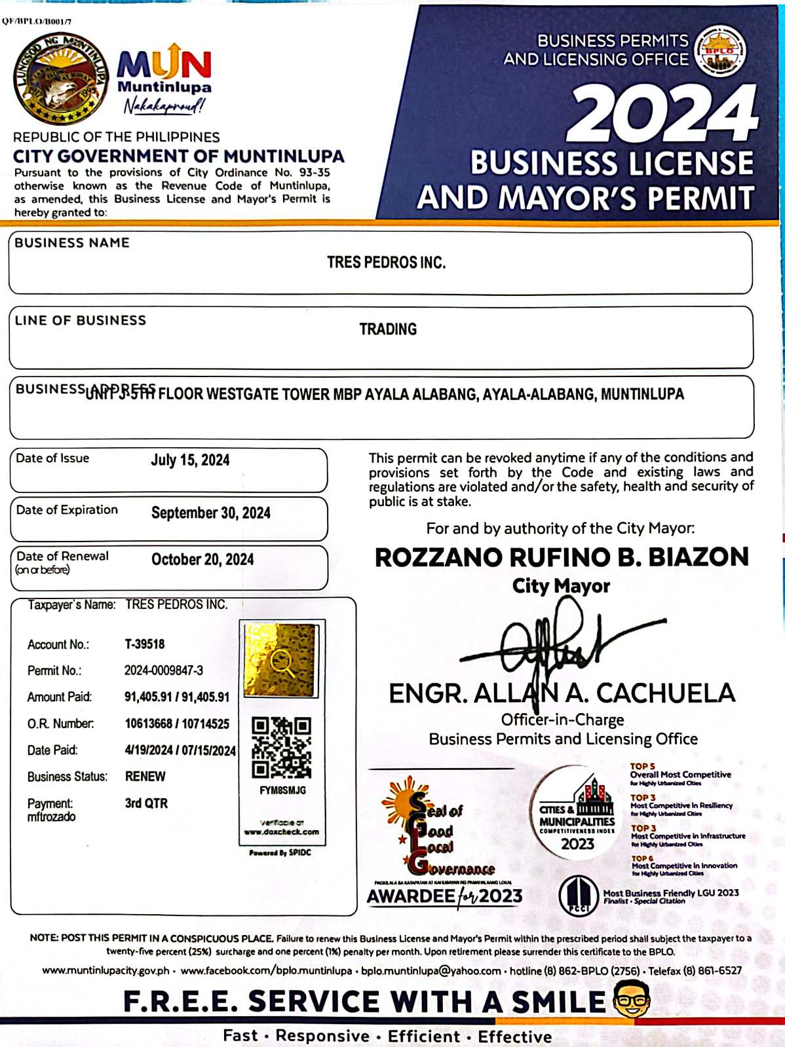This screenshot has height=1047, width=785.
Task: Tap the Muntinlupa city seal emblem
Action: tap(61, 79)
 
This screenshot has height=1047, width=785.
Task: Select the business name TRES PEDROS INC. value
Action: tap(386, 263)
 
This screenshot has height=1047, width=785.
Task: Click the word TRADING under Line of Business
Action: tap(388, 329)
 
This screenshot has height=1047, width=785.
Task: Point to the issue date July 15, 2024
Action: tap(190, 460)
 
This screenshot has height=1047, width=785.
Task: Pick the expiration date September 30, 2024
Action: tap(210, 513)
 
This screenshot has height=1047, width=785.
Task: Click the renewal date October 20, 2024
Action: tap(202, 560)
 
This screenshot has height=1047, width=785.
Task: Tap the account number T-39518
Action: tap(145, 644)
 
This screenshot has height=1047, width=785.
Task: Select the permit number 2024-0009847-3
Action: tap(164, 670)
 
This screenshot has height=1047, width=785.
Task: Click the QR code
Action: tap(282, 747)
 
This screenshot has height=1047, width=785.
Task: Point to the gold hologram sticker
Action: tap(280, 660)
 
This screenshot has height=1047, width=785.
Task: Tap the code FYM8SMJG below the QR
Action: tap(282, 790)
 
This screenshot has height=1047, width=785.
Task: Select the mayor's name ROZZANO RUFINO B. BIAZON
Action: tap(562, 557)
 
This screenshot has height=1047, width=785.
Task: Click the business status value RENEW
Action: tap(145, 777)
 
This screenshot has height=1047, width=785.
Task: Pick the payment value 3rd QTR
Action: tap(146, 803)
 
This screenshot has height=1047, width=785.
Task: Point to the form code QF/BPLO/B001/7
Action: tap(37, 22)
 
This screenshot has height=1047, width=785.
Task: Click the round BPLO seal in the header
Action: tap(720, 52)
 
